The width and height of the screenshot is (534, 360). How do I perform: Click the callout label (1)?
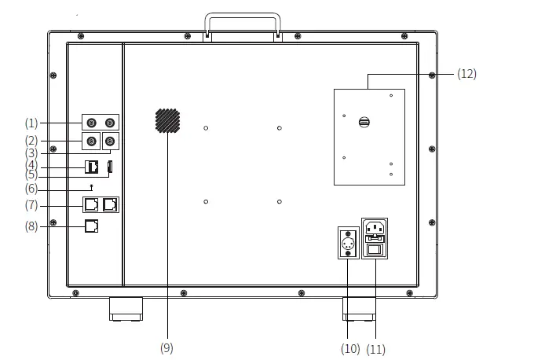click(x=31, y=123)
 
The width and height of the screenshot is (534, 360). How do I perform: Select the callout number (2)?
click(x=31, y=141)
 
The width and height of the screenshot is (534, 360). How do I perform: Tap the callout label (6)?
click(x=31, y=189)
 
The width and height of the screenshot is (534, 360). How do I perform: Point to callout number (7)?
click(x=31, y=205)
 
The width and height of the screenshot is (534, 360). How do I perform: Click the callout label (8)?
click(x=31, y=226)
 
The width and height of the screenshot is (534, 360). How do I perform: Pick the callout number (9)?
click(x=166, y=347)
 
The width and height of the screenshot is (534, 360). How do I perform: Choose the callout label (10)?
click(x=350, y=348)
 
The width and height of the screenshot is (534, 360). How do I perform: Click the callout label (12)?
click(x=466, y=74)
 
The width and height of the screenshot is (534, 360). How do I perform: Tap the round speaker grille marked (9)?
click(x=167, y=120)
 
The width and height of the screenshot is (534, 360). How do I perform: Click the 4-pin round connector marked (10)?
click(x=348, y=242)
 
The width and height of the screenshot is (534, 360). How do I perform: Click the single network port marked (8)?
click(x=91, y=226)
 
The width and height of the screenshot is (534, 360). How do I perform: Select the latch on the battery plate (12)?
click(x=364, y=122)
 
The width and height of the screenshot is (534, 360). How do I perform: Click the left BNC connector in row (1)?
click(x=93, y=123)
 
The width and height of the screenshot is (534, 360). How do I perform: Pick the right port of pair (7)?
click(x=110, y=204)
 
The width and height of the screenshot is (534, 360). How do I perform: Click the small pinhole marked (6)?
click(x=93, y=186)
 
